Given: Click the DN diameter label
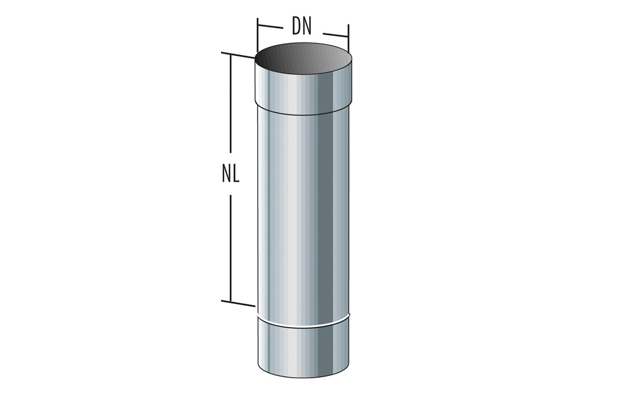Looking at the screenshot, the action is coord(302,27).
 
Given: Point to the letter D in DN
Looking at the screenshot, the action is coord(297,27).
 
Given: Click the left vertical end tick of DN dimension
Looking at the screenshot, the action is coord(257,35).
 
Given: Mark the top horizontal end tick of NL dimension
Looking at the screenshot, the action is coord(238,55).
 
